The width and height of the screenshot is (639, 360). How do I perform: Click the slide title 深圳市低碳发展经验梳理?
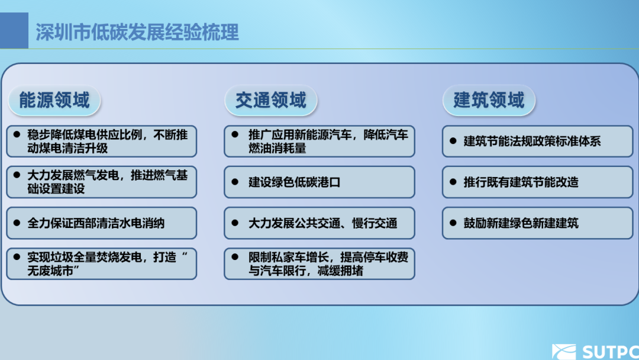(137, 32)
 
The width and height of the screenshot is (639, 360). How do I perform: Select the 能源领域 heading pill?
(54, 100)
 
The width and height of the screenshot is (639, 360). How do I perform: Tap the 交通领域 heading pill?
(271, 100)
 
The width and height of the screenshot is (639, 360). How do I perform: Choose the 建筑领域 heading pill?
(489, 100)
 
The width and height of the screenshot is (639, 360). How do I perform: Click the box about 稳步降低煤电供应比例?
(101, 141)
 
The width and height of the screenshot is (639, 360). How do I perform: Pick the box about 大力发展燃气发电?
(101, 182)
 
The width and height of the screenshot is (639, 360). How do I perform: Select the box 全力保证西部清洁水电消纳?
(101, 223)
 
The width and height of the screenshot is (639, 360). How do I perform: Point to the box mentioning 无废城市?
(101, 264)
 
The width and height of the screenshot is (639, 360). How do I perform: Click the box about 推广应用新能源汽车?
(319, 141)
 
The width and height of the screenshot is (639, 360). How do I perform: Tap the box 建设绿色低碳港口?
(319, 182)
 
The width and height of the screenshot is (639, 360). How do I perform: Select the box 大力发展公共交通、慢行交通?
(319, 223)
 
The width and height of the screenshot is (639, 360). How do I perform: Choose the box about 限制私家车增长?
(319, 264)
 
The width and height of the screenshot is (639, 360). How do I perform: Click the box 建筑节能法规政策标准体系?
(537, 141)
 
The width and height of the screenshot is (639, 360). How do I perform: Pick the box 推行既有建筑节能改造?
(537, 182)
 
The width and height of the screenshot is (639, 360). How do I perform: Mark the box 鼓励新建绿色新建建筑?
(537, 223)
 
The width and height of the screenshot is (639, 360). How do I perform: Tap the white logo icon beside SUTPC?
(563, 352)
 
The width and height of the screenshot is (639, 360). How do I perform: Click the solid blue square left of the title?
(14, 31)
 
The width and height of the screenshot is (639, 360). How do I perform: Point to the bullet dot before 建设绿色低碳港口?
(235, 182)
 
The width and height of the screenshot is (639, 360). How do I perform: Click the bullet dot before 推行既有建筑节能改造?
(453, 182)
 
